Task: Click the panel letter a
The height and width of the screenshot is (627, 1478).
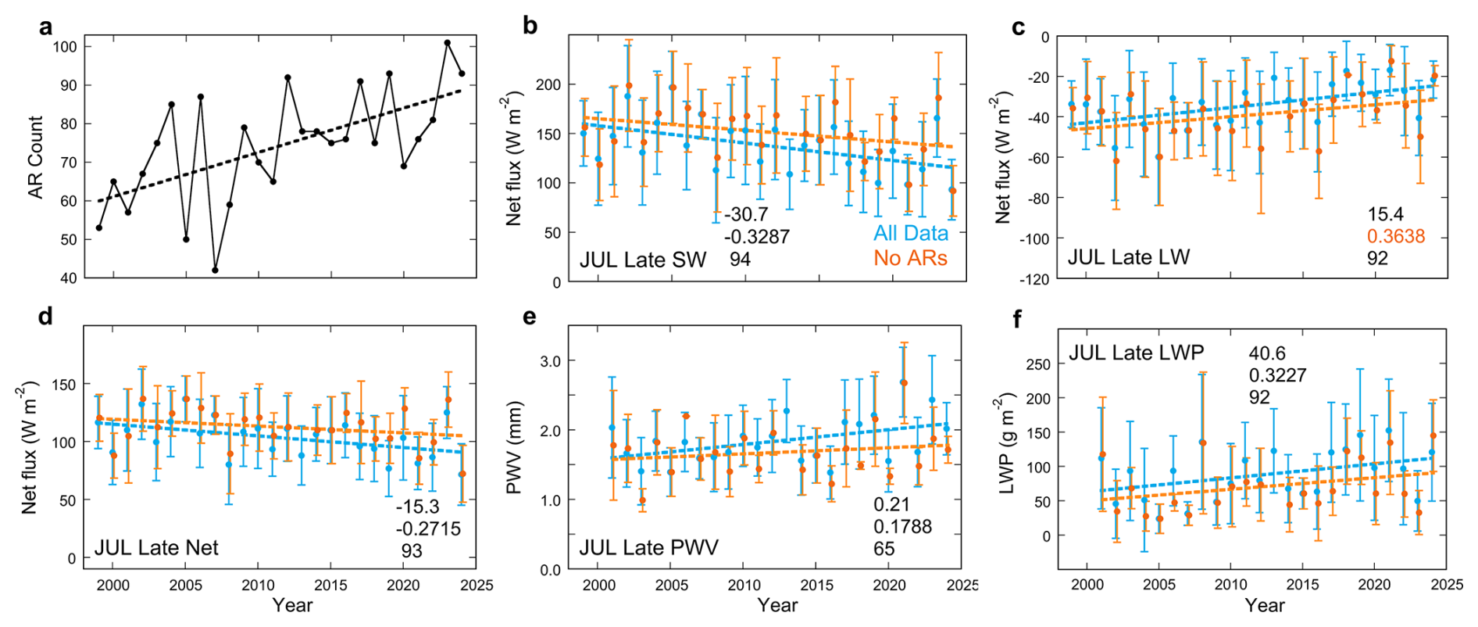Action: pos(46,27)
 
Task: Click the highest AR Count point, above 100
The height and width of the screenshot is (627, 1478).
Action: pos(448,43)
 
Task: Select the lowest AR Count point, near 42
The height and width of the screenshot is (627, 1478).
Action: pos(216,270)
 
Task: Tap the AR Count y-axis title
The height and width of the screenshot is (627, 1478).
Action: pos(36,157)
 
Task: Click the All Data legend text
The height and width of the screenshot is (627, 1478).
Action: pos(910,233)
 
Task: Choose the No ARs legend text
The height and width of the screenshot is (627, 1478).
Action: pos(910,258)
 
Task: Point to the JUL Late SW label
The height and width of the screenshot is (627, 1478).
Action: pos(643,260)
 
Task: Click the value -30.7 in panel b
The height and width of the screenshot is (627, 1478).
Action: pos(746,214)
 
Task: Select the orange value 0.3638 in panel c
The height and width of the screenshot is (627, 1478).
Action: pos(1396,236)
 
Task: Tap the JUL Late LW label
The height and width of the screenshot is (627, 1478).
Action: pos(1128,257)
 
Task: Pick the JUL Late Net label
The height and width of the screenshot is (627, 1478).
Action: pos(156,547)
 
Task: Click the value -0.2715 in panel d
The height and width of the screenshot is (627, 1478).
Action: pos(427,528)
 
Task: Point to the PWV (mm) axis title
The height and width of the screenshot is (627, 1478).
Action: pos(513,448)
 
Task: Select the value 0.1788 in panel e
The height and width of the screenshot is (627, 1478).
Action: pos(902,526)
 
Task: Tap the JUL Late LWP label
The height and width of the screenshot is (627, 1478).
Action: pos(1136,353)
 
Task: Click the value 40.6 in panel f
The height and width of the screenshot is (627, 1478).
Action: pos(1266,353)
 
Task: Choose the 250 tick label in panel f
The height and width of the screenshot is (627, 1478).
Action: pos(1038,364)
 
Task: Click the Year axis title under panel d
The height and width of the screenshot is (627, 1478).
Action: pos(292,605)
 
